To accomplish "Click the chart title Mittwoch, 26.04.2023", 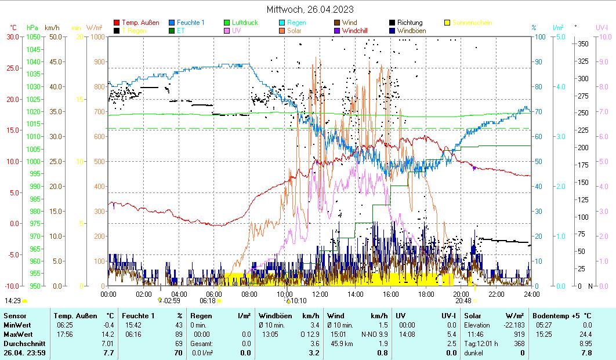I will coord(310,9).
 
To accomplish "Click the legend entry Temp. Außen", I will coord(140,23).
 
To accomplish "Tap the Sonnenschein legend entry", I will coord(472,23).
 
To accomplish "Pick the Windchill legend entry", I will coord(358,30).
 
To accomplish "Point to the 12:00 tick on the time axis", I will coord(320,294).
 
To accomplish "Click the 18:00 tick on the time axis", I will coord(426,294).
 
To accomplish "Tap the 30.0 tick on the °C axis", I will coord(12,37).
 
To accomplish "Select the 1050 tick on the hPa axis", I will coord(33,37).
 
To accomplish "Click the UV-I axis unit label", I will coord(601,27).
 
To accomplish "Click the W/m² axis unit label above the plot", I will coord(95,27).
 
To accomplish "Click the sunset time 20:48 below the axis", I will coord(463,301).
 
